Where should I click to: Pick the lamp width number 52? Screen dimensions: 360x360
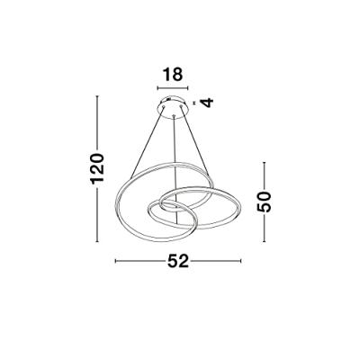(178, 262)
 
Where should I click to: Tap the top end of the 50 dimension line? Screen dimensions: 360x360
(263, 164)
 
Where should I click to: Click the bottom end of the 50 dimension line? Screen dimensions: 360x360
(263, 239)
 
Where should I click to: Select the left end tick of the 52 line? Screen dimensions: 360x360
(116, 262)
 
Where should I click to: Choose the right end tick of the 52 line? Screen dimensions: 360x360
(241, 262)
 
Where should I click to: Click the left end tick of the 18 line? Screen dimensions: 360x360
(157, 88)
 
